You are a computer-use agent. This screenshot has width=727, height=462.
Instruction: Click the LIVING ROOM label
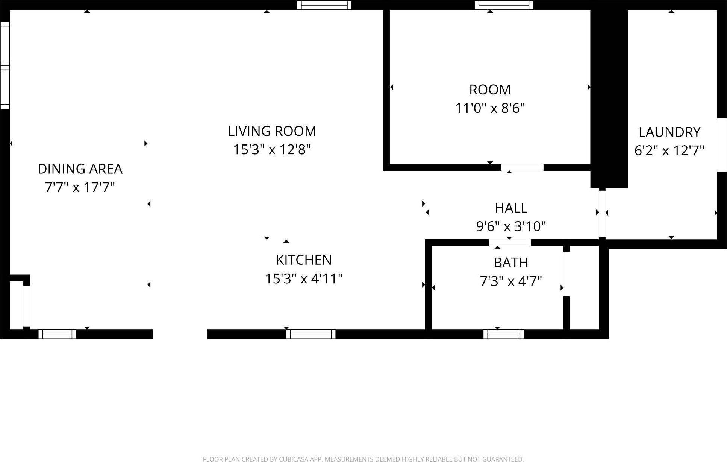point(272,131)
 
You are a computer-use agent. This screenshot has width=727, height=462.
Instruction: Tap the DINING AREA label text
point(80,169)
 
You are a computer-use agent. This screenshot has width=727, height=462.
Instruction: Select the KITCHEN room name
point(304,260)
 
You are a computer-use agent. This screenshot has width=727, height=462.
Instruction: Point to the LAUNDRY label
point(669,132)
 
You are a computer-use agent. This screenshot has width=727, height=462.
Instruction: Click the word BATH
point(511,263)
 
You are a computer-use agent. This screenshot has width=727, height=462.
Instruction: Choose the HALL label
point(511,208)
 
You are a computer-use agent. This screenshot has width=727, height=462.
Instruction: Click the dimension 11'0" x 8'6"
point(490,108)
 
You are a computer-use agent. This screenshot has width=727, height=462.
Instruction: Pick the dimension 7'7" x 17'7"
point(80,187)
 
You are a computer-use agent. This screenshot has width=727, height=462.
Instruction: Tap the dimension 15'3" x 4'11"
point(304,279)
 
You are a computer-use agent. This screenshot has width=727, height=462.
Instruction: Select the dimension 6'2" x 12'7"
point(669,151)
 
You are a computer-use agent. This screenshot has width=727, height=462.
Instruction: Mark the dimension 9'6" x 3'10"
point(511,226)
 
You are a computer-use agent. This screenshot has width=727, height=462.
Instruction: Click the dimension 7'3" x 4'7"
point(511,281)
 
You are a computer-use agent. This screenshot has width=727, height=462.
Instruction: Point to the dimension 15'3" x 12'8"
point(272,150)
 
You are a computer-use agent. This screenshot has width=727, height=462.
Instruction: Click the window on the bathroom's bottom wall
point(504,334)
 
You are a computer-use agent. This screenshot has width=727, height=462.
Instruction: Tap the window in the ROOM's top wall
point(504,5)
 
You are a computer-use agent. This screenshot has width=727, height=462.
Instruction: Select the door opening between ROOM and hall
point(523,168)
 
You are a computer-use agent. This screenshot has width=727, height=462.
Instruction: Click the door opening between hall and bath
point(510,243)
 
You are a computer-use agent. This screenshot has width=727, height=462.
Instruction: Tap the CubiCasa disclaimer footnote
point(363,459)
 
